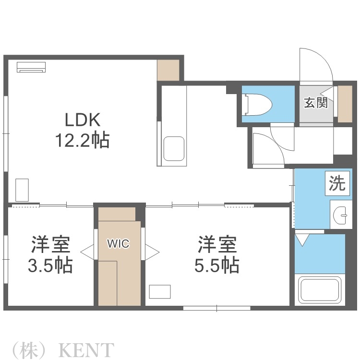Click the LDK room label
coord(82,119)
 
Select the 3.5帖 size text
coord(50,265)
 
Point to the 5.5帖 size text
coord(217,265)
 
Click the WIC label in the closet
coord(118,244)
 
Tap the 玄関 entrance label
coord(316,102)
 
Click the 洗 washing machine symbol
coord(337,183)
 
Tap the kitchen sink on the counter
coord(174,149)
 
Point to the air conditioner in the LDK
coord(31,67)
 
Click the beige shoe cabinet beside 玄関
coord(345,104)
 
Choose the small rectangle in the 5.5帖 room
coord(160,292)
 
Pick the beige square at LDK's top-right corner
coord(168,70)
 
